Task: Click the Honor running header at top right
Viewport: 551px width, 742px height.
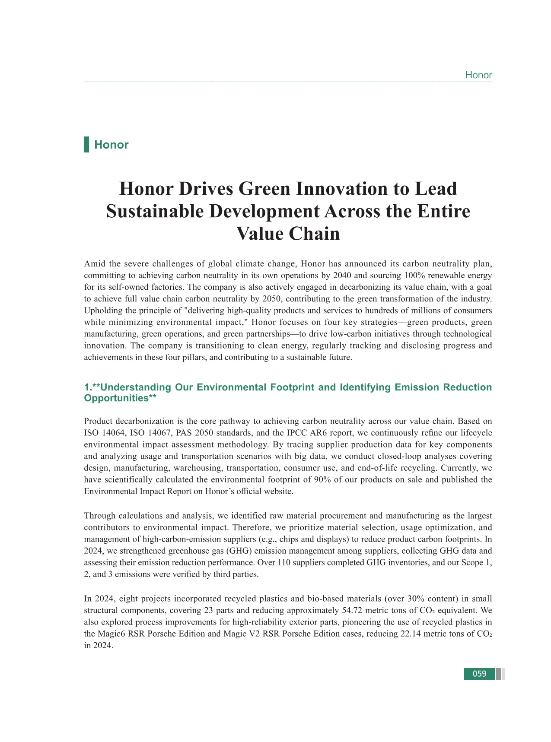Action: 478,75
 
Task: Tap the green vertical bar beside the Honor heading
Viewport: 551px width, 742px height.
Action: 86,144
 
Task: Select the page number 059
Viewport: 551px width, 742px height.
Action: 479,674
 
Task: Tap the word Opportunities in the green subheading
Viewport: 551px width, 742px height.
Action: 116,398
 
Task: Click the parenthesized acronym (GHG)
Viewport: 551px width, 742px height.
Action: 238,551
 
